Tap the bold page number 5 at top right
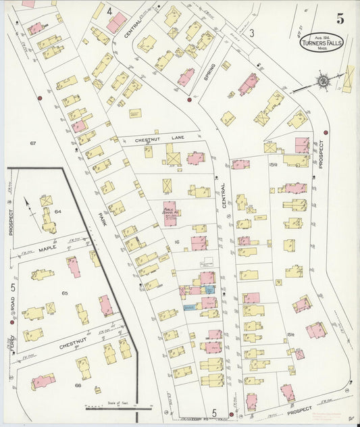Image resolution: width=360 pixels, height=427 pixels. [340, 18]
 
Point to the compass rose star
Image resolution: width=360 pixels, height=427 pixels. [323, 82]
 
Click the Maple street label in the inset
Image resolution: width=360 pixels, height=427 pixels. [47, 249]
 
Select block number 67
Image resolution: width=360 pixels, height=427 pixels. [32, 143]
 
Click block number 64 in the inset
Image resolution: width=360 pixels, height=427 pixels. [58, 211]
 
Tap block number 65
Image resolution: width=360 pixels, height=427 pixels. [65, 293]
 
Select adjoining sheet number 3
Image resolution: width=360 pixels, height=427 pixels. [251, 32]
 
